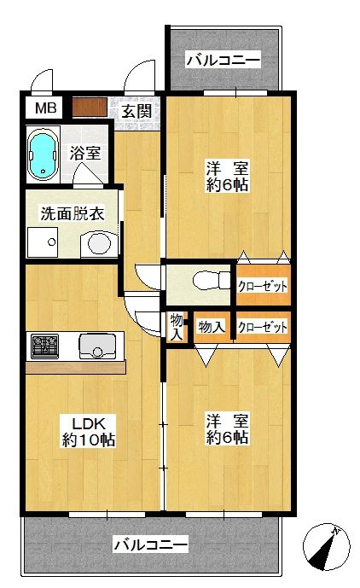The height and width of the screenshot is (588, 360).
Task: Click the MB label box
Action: tap(46, 108)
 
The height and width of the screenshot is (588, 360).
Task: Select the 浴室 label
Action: tap(85, 154)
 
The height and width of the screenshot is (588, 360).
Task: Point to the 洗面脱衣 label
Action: tap(73, 213)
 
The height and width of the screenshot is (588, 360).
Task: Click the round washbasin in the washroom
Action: tap(100, 245)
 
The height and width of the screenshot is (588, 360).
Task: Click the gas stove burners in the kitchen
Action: tap(44, 346)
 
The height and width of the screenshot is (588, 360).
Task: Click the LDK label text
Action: tap(88, 422)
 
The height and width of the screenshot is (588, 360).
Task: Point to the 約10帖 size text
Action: tap(88, 440)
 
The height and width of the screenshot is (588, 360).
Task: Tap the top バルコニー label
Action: tap(222, 61)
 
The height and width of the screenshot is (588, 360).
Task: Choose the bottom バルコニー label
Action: tap(150, 544)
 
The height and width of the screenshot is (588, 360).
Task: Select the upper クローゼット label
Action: tap(262, 285)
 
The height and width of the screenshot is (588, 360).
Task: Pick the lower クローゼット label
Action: tap(262, 327)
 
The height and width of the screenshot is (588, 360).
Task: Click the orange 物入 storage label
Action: tap(210, 327)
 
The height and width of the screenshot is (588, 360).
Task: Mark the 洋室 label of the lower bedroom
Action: tap(226, 420)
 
